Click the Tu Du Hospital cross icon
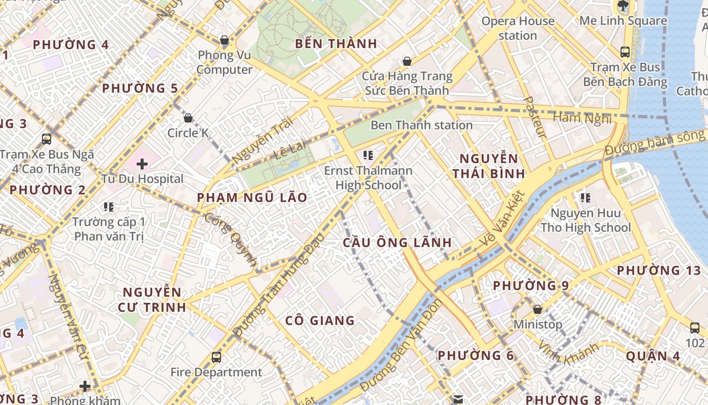tap(142, 164)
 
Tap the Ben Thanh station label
tap(422, 125)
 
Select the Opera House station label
tap(517, 28)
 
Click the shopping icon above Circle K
tap(188, 118)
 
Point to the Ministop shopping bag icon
tap(538, 309)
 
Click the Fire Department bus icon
tap(216, 357)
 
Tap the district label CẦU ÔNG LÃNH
tap(396, 242)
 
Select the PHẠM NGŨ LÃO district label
tap(252, 197)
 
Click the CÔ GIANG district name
tap(320, 320)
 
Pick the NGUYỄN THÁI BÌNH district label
tap(488, 166)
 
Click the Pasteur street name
tap(536, 117)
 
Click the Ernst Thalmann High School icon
tap(368, 155)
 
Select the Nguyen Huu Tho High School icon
tap(586, 198)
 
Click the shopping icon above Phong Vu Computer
tap(225, 40)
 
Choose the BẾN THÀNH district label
tap(336, 44)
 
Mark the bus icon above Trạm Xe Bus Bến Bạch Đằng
tap(625, 52)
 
